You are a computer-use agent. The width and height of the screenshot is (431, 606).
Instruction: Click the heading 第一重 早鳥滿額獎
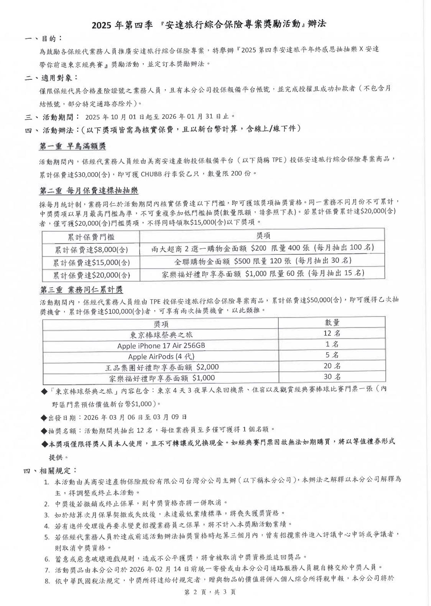coord(72,146)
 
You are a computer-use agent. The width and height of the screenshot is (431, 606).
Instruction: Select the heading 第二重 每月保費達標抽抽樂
coord(89,191)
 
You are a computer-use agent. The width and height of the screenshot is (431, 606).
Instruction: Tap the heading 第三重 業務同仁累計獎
coord(81,289)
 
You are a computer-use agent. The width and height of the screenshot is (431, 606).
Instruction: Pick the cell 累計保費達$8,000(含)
coord(91,250)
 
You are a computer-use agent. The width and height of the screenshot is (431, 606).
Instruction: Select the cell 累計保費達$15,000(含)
coord(91,263)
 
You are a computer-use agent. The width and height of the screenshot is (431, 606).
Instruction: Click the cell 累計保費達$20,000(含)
coord(91,275)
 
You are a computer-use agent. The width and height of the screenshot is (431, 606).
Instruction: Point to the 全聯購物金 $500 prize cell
coord(263,261)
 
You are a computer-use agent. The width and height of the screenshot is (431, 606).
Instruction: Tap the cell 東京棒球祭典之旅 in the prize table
coord(161,335)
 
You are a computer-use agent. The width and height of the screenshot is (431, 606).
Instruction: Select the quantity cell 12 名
coord(332,333)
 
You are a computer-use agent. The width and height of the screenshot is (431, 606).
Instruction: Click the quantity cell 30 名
coord(332,376)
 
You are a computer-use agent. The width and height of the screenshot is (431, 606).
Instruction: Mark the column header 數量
coord(332,322)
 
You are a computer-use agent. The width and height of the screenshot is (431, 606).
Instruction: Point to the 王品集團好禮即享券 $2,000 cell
coord(162,367)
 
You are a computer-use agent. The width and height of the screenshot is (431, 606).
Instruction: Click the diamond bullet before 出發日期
coord(44,417)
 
